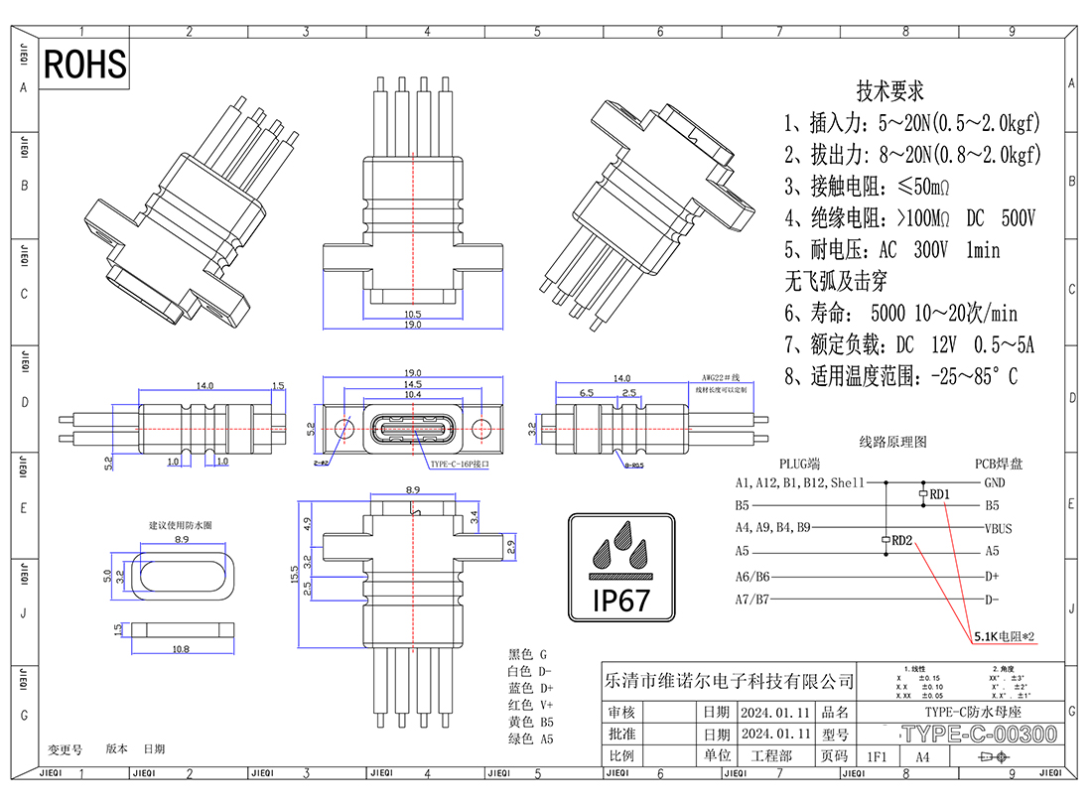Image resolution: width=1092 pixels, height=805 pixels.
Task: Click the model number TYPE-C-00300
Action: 977,736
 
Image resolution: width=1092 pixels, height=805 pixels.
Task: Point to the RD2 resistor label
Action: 901,541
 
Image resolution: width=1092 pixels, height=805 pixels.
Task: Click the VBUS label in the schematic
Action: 998,528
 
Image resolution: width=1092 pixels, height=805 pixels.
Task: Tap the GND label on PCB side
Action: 994,483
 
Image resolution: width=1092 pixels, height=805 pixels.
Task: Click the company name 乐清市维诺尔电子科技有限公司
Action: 729,681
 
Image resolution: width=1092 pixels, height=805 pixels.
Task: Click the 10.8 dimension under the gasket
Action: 182,649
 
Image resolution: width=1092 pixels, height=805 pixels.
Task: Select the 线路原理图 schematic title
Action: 892,442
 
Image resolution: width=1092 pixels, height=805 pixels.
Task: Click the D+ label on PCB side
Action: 991,576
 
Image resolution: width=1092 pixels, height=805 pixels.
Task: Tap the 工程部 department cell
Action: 771,756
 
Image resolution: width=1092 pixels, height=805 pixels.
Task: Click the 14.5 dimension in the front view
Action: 412,383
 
